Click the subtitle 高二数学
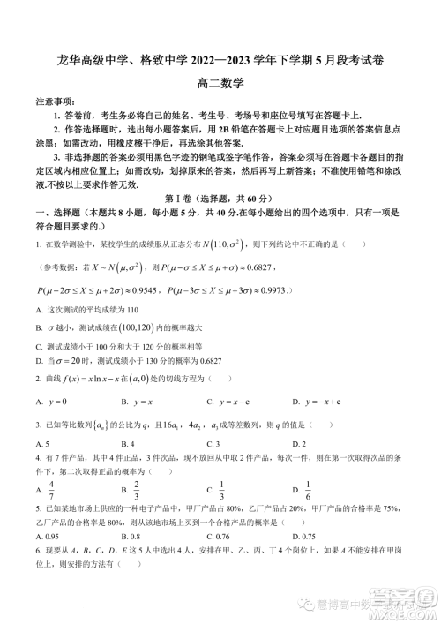click(x=220, y=84)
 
